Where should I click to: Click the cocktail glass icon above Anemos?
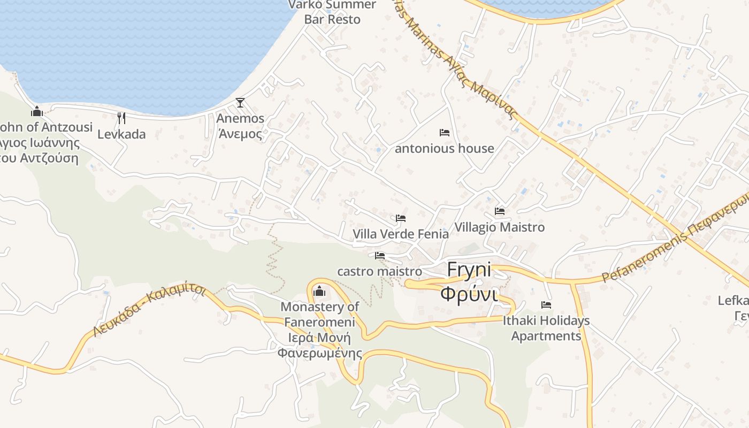click(x=240, y=102)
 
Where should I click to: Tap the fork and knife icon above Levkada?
click(x=121, y=118)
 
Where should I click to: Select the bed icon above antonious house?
click(x=444, y=133)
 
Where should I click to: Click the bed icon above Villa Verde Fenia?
click(x=400, y=218)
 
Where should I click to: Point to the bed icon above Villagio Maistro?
click(x=500, y=211)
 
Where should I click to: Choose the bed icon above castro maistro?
click(x=380, y=256)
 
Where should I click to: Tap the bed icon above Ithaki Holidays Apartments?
click(x=546, y=305)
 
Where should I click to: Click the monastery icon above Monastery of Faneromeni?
click(x=319, y=291)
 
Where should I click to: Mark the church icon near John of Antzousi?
click(x=37, y=111)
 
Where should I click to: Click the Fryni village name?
click(x=469, y=270)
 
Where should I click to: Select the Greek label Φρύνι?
click(x=469, y=293)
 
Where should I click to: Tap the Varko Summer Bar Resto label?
click(x=332, y=12)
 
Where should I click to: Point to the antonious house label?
click(x=444, y=148)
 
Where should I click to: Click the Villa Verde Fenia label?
click(x=400, y=234)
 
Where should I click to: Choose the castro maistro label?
click(x=379, y=271)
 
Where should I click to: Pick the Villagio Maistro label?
click(x=499, y=227)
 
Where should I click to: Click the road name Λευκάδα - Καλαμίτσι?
click(x=149, y=310)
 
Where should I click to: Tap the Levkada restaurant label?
click(x=121, y=134)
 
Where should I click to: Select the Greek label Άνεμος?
click(x=240, y=133)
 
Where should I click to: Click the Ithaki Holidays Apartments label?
click(x=546, y=328)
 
